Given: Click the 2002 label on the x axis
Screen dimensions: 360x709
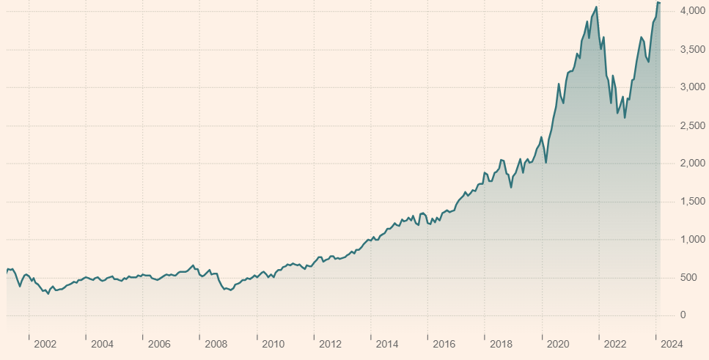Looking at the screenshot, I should tap(45, 344).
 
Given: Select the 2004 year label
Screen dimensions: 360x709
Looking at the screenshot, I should tap(102, 344).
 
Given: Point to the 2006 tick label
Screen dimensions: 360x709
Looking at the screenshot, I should tap(159, 344).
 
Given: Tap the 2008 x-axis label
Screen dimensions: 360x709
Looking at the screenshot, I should tap(216, 344).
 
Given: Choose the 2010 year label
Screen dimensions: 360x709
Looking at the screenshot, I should tap(273, 344).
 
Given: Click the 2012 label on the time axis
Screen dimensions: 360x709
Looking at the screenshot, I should tap(330, 344).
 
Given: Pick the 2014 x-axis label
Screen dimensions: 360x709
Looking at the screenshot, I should tap(387, 344).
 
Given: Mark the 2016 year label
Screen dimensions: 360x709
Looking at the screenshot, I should tap(444, 344).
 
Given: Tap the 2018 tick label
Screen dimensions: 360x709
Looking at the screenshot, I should tap(501, 344).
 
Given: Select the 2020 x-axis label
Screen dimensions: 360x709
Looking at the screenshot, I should tap(558, 344).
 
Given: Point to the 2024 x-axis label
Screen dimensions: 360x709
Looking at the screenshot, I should tap(672, 344).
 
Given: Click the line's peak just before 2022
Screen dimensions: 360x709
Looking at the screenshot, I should tap(596, 7).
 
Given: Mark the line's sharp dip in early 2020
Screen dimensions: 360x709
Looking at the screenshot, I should tap(545, 163).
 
